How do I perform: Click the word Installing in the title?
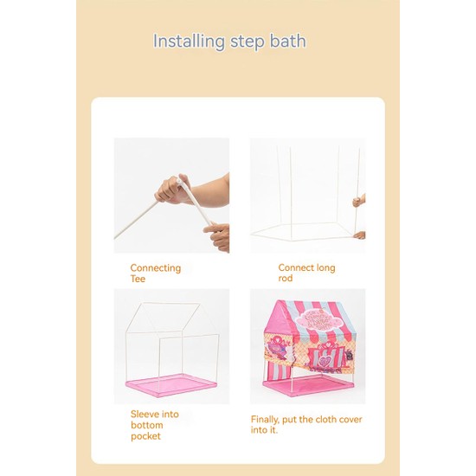click(x=189, y=42)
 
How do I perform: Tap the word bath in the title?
click(x=288, y=41)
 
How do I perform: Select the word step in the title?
click(x=248, y=42)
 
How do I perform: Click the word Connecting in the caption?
click(x=156, y=268)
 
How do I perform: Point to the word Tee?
click(x=138, y=279)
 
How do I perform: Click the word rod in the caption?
click(x=286, y=278)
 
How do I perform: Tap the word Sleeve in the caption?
click(x=145, y=414)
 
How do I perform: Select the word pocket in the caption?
click(x=145, y=436)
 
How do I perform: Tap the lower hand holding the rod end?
click(x=216, y=237)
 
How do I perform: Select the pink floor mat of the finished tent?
click(x=308, y=384)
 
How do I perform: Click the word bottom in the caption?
click(x=147, y=425)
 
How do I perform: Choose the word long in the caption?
click(x=325, y=268)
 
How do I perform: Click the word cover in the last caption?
click(x=351, y=420)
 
